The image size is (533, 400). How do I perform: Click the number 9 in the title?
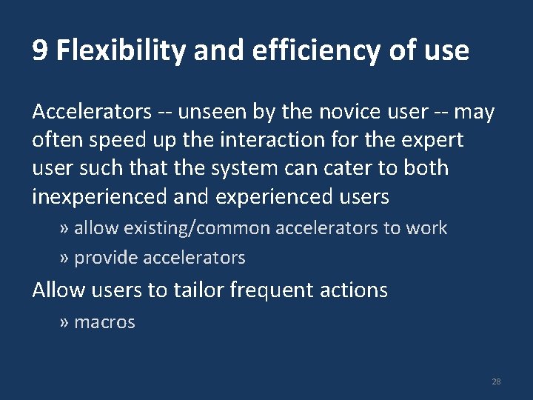tap(41, 51)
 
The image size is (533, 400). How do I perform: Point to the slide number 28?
tap(496, 381)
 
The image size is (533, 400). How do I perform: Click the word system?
tap(240, 168)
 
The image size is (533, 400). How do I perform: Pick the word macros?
tap(104, 322)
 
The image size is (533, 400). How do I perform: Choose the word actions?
tap(355, 290)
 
